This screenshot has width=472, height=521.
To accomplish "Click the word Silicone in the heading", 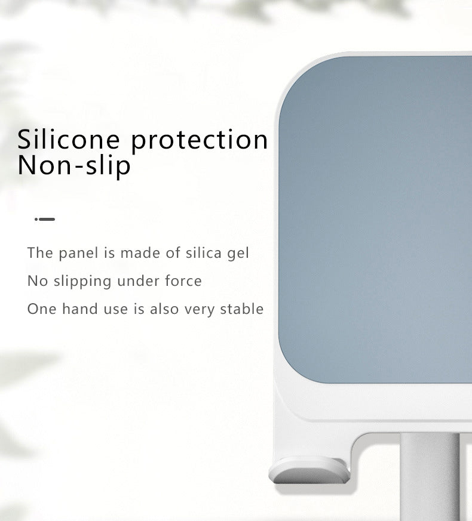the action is [x=68, y=139].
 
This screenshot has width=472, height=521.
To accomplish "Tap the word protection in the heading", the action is [x=199, y=141].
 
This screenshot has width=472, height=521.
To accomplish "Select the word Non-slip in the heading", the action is [x=74, y=165].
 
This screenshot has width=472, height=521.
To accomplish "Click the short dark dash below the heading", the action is [x=45, y=219].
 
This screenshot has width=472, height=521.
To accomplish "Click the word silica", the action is [x=204, y=253].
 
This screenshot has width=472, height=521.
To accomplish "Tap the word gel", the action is [x=238, y=254].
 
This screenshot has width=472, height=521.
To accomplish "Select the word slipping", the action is [x=82, y=282].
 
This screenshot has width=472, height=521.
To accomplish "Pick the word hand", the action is [x=80, y=309].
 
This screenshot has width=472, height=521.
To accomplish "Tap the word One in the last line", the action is [x=42, y=309].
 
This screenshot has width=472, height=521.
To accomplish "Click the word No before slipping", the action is [x=38, y=281].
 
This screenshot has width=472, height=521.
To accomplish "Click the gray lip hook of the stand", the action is [x=309, y=470].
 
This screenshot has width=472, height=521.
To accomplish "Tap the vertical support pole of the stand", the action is [x=430, y=477].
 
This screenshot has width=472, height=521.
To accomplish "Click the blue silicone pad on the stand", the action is [x=375, y=219].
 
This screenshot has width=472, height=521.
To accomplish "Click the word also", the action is [x=164, y=309].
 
